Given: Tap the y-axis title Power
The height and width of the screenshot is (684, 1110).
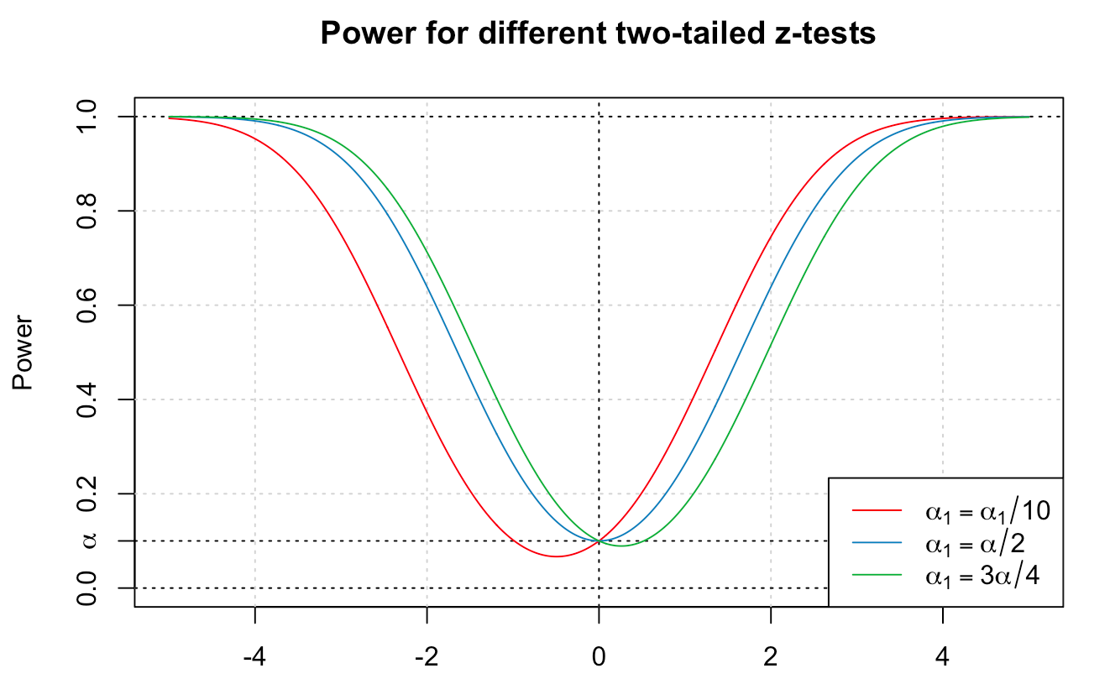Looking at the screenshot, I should [23, 352].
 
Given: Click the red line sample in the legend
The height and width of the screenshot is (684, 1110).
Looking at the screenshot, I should [877, 509].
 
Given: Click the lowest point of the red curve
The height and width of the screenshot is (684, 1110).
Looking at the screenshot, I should [556, 556].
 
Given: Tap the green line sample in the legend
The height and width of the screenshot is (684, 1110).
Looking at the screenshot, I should [877, 575].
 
